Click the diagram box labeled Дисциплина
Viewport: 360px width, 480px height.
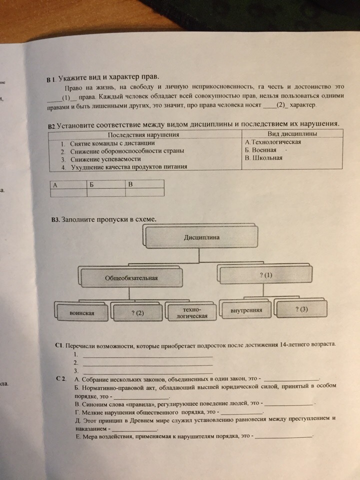[x=201, y=237]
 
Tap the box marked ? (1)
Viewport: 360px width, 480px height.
[x=266, y=275]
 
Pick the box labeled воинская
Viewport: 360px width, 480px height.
[x=82, y=313]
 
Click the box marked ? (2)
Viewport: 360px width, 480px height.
[x=137, y=313]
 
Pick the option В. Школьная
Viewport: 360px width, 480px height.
[x=264, y=158]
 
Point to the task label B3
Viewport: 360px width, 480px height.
[x=55, y=219]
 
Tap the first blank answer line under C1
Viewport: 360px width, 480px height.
[x=147, y=355]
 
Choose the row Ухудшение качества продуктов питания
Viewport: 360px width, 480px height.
[x=128, y=167]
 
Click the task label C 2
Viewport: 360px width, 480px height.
[x=61, y=378]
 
